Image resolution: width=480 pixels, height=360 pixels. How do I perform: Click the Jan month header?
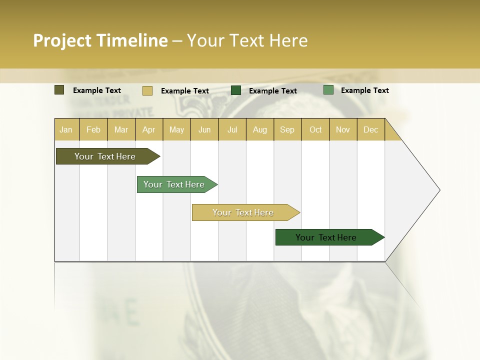tap(66, 129)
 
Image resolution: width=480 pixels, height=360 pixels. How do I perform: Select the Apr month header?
tap(149, 129)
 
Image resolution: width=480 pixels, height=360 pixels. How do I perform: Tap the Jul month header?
tap(232, 129)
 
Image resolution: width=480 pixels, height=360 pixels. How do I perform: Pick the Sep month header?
tap(287, 129)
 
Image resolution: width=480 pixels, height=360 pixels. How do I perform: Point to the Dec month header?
tap(370, 129)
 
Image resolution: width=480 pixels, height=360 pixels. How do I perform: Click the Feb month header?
tap(93, 129)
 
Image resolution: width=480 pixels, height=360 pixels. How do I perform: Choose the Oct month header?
tap(315, 129)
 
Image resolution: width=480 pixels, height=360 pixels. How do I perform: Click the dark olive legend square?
tap(59, 90)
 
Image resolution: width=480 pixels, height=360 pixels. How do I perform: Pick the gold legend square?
tap(147, 90)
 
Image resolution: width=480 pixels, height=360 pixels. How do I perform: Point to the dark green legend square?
tap(236, 90)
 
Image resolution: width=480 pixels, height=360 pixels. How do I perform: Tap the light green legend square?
tap(328, 90)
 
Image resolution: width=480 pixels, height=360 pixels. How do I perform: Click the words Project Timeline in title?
tap(100, 40)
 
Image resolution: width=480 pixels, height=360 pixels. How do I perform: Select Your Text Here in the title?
tap(247, 40)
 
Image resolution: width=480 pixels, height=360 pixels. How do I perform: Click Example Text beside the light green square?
tap(364, 90)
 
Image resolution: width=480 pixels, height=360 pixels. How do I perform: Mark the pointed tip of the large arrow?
tap(439, 190)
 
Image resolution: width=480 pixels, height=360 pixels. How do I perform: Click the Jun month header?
tap(204, 129)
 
